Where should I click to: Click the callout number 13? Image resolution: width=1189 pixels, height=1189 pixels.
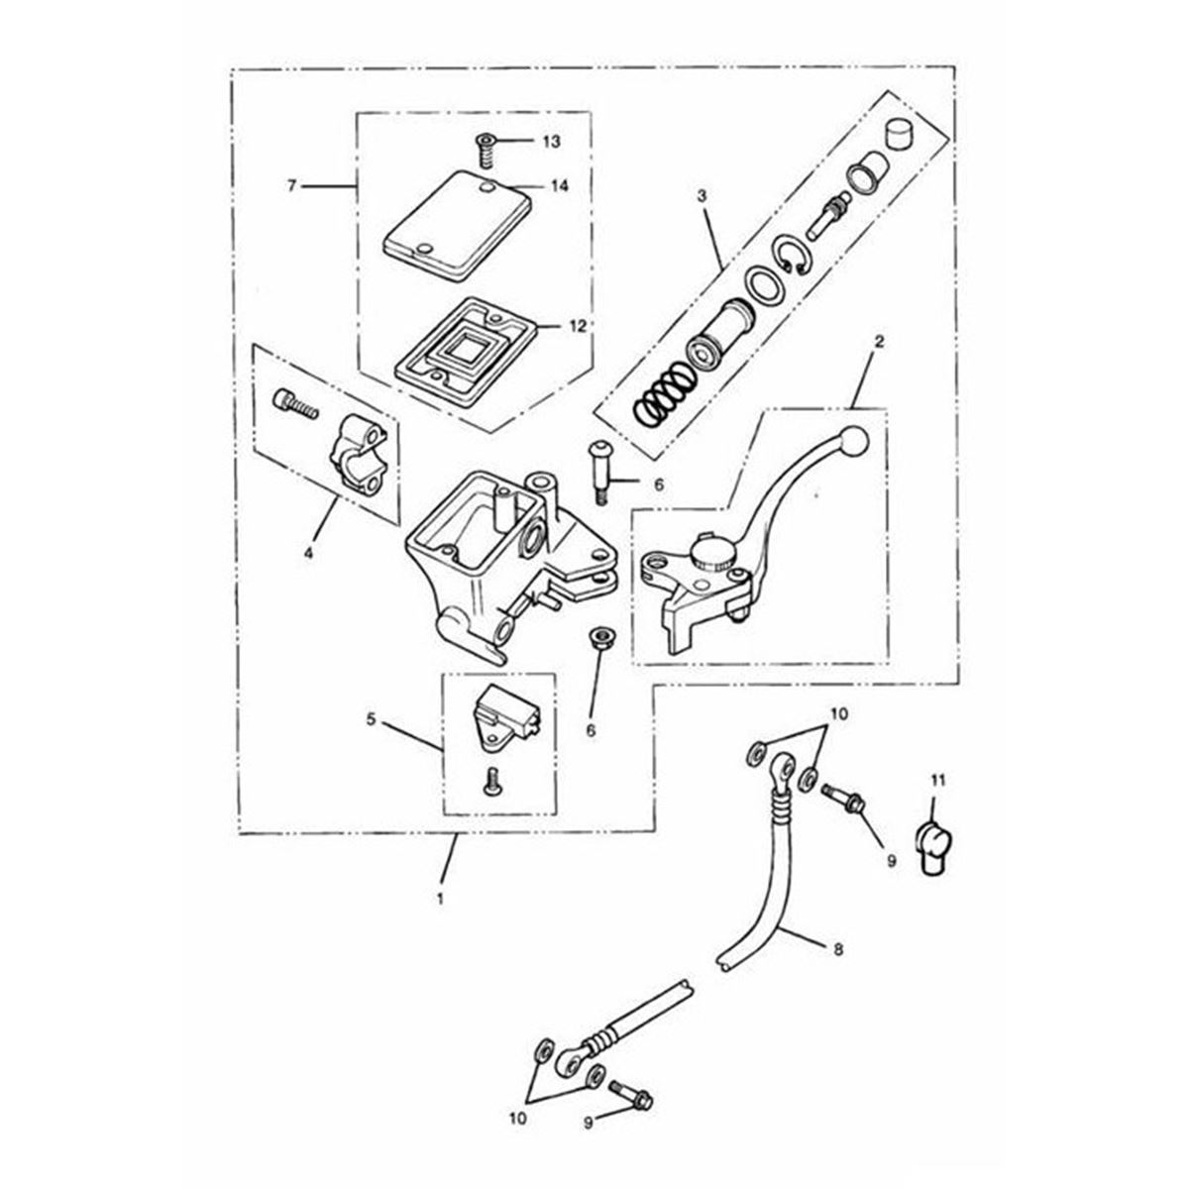click(x=551, y=142)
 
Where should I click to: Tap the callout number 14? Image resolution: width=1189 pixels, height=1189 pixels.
click(x=560, y=185)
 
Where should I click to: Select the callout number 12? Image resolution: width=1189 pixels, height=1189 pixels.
click(x=577, y=326)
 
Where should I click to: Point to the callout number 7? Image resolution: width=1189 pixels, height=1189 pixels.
click(x=292, y=185)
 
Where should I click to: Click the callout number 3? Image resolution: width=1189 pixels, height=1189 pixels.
click(x=701, y=196)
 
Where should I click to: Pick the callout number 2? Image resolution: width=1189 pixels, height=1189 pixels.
click(x=879, y=341)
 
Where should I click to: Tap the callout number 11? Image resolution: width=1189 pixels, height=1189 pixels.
click(x=938, y=781)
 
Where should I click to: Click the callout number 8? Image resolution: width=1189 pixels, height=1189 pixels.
click(x=838, y=949)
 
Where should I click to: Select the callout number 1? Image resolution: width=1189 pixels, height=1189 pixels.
click(x=440, y=901)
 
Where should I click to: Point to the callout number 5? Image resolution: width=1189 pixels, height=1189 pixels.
click(x=371, y=720)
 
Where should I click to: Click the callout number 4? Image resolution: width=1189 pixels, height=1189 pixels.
click(x=308, y=552)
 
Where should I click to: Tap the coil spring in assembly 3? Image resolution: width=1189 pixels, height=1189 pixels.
click(x=662, y=393)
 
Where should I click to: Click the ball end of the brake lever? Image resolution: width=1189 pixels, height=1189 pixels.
click(x=853, y=442)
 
